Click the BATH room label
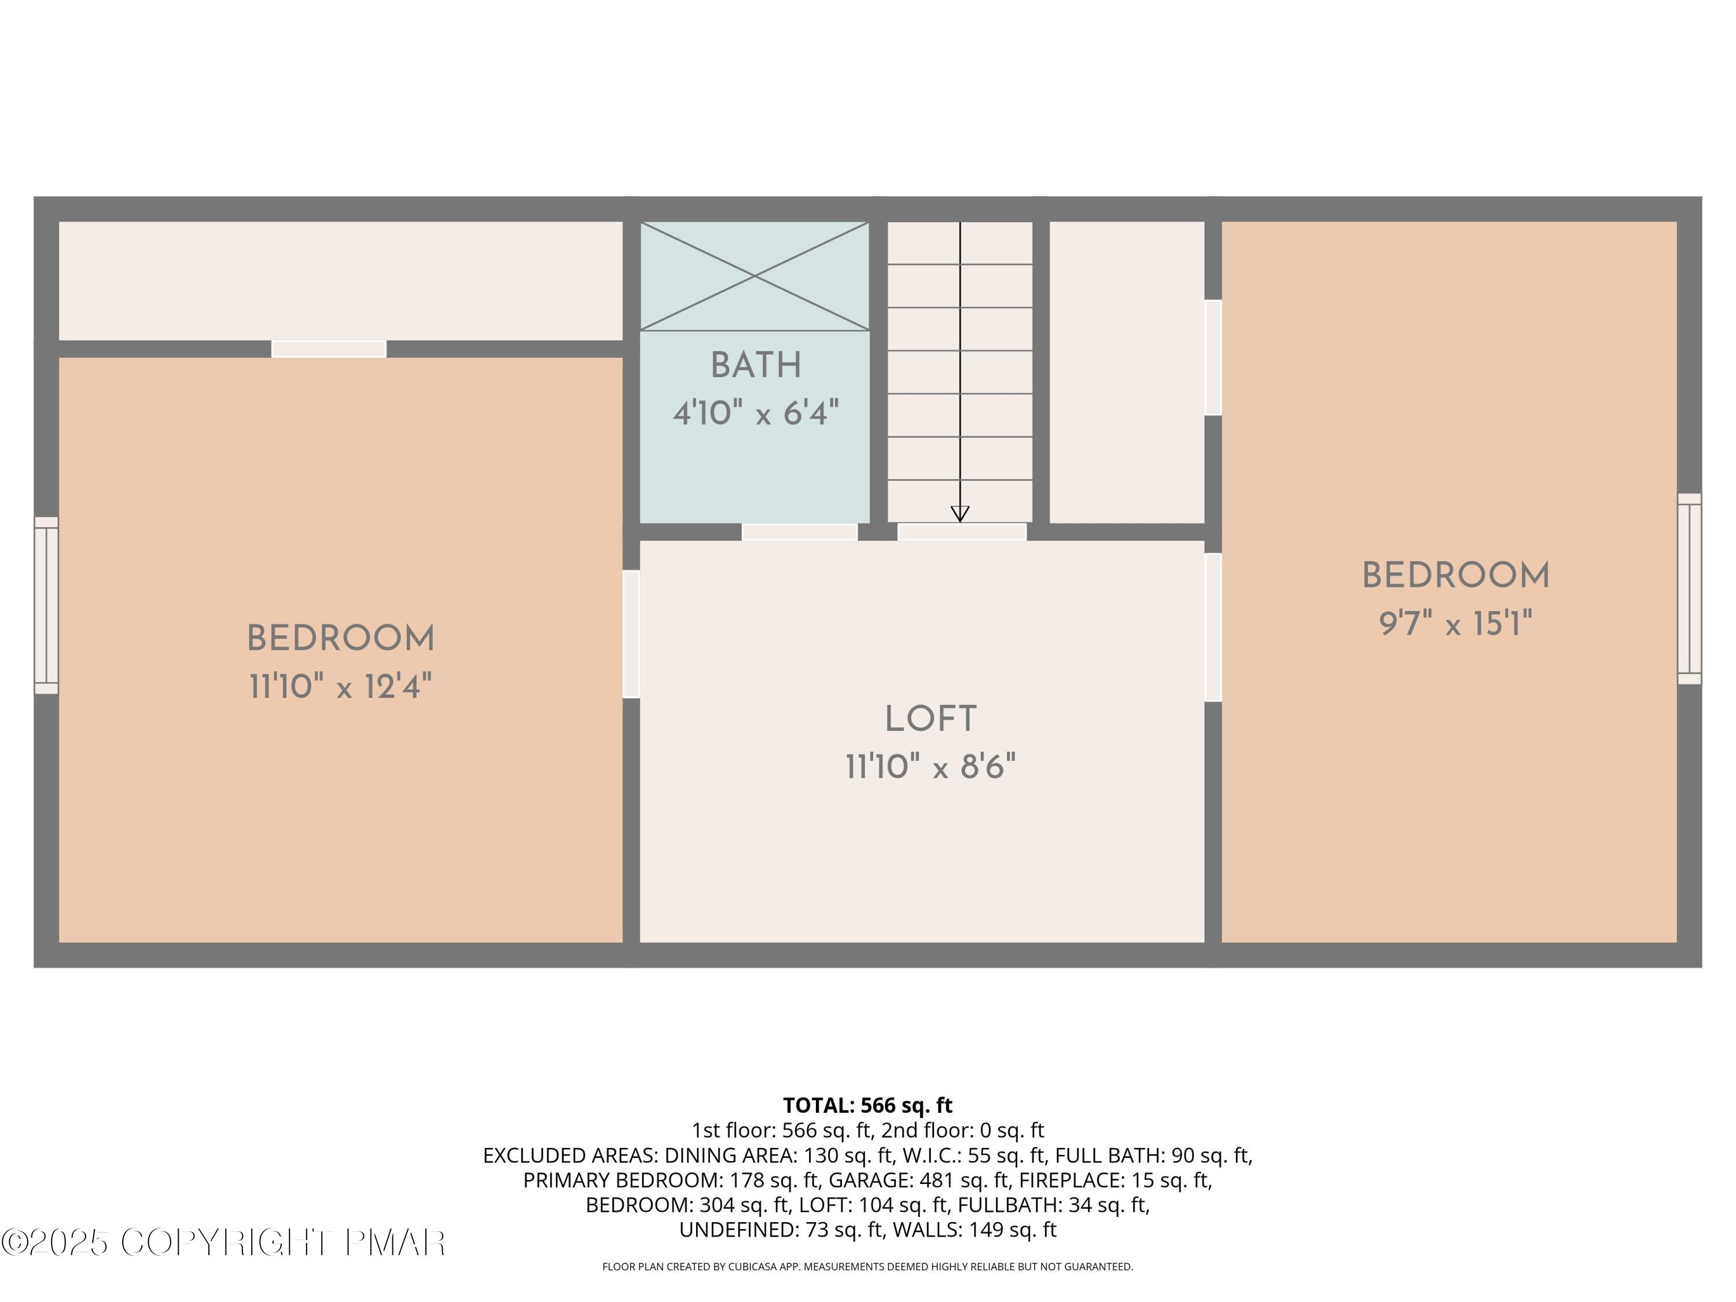click(x=756, y=366)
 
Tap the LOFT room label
click(x=930, y=719)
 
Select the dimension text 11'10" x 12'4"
click(x=341, y=687)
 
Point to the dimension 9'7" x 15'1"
click(x=1456, y=625)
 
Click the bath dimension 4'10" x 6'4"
click(x=756, y=413)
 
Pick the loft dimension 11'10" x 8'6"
click(x=930, y=767)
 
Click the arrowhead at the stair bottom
click(x=960, y=514)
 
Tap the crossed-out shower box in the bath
click(x=755, y=276)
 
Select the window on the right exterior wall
click(x=1689, y=589)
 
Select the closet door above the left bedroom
click(x=329, y=350)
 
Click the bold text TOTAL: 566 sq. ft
click(x=867, y=1106)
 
